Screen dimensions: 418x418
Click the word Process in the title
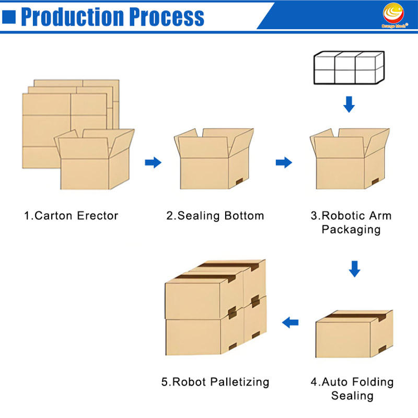(x=167, y=17)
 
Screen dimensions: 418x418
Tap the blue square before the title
(x=8, y=17)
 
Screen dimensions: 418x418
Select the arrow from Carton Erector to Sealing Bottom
(x=153, y=162)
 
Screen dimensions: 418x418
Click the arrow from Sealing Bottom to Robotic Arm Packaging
(x=284, y=162)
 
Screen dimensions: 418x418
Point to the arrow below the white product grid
(x=349, y=104)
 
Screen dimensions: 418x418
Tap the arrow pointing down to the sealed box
(x=354, y=269)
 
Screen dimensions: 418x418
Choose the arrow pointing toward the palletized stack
(x=291, y=322)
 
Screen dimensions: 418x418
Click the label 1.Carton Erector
(x=71, y=215)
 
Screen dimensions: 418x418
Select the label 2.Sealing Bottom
(x=215, y=215)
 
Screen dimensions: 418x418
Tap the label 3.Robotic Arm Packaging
(x=351, y=222)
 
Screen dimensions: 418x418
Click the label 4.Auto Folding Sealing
(x=352, y=388)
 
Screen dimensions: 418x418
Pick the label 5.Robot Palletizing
(x=215, y=382)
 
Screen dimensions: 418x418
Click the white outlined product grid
(x=349, y=67)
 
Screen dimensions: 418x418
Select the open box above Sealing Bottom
(x=214, y=159)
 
